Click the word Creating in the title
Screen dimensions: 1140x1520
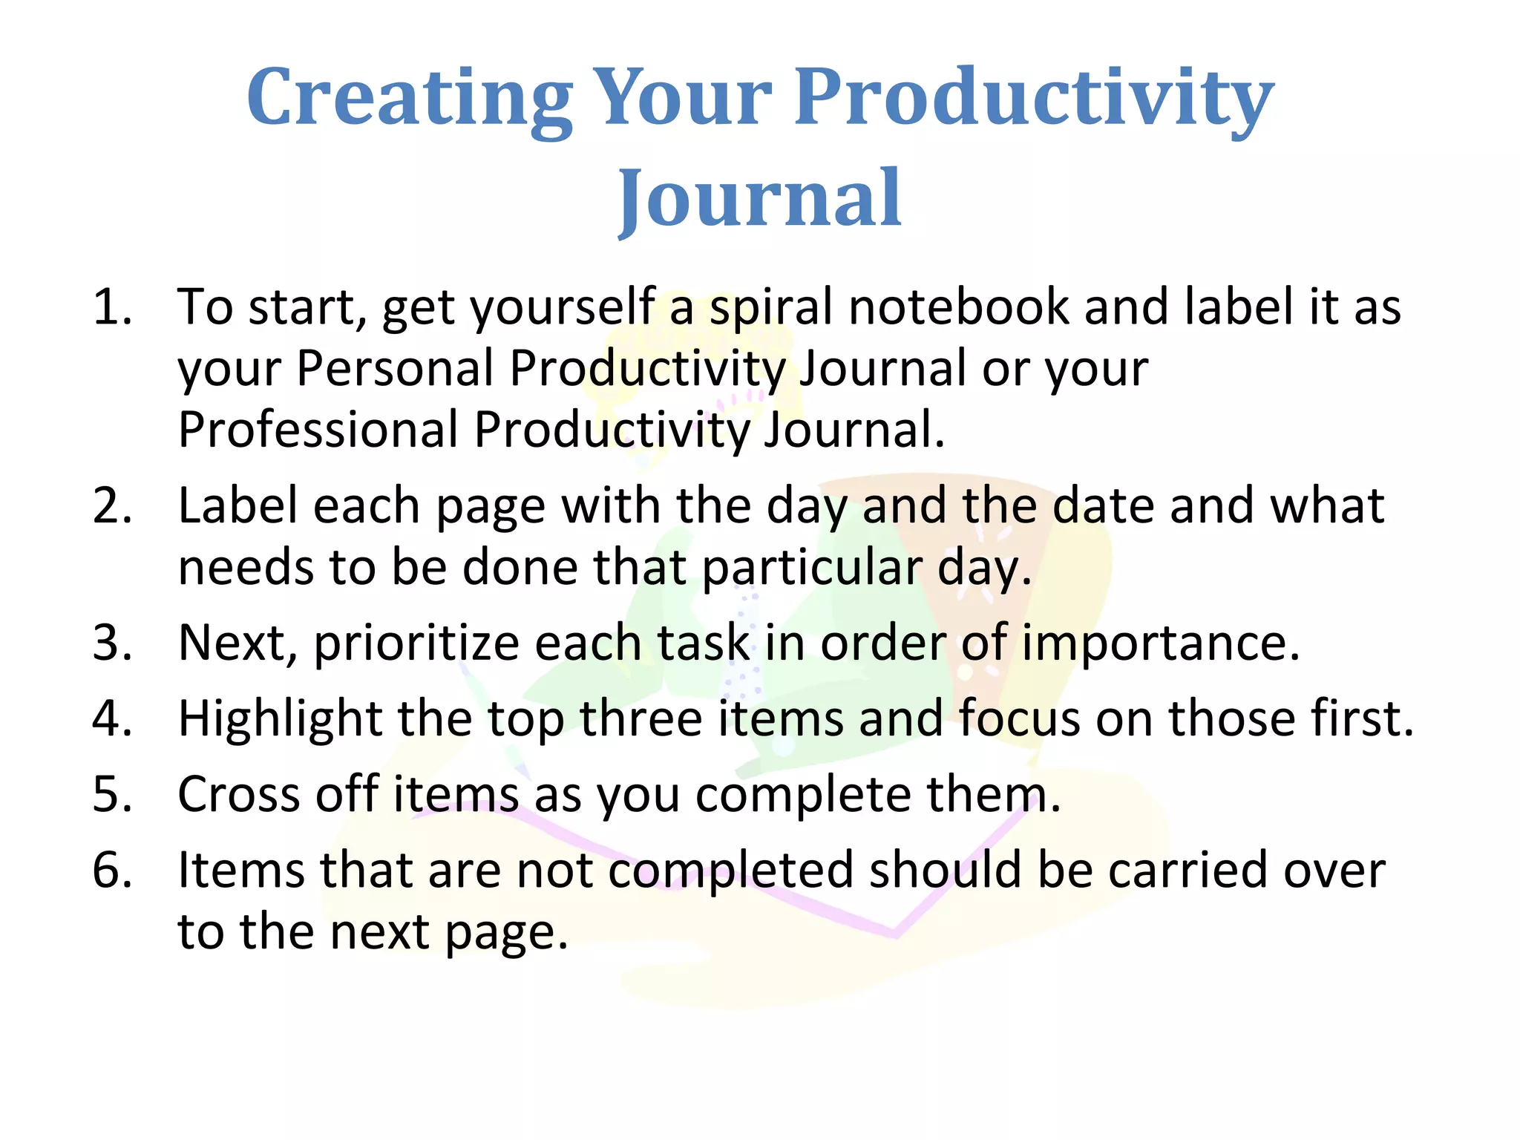coord(409,98)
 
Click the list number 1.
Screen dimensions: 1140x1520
coord(111,307)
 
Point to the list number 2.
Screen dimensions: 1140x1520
coord(112,506)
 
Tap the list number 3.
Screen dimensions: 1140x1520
coord(112,643)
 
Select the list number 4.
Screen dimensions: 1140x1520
coord(112,718)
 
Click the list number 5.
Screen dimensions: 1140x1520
coord(112,794)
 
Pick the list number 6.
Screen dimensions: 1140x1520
coord(112,871)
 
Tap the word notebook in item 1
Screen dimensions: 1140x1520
coord(958,307)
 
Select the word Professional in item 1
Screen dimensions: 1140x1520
coord(318,430)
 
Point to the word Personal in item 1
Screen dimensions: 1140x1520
coord(395,368)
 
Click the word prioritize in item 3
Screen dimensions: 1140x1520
coord(416,643)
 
